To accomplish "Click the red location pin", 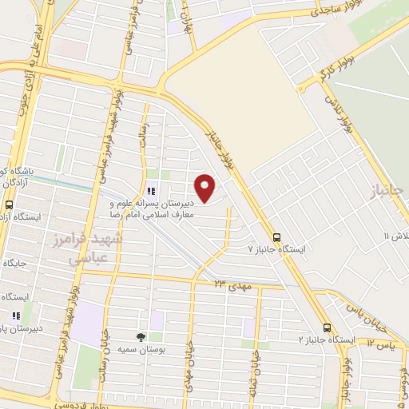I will [x=205, y=187].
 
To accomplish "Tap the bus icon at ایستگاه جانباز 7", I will [x=277, y=237].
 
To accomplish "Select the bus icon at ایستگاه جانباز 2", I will [x=327, y=328].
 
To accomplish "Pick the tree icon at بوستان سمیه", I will [x=141, y=337].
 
